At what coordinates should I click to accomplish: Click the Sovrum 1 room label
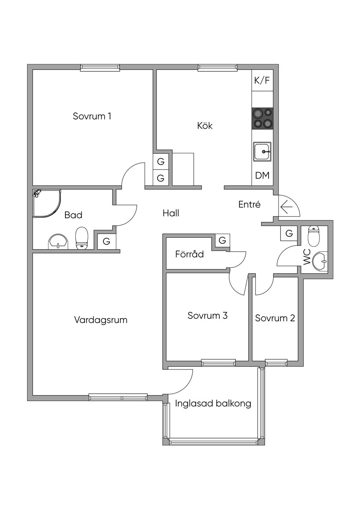(92, 116)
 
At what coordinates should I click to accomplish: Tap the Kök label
(205, 125)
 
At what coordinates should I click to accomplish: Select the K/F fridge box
(262, 80)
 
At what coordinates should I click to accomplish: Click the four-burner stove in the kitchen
(262, 118)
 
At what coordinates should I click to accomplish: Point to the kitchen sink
(262, 152)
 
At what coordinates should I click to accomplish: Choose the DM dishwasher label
(262, 175)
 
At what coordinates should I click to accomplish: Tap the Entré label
(249, 204)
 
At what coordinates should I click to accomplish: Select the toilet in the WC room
(314, 236)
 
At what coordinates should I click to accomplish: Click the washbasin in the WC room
(320, 261)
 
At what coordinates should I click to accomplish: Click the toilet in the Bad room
(82, 238)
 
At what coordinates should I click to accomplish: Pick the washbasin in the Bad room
(58, 241)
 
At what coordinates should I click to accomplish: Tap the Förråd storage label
(189, 254)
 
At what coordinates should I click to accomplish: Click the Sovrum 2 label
(275, 318)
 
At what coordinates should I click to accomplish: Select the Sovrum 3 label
(207, 315)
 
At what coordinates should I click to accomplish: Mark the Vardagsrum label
(101, 320)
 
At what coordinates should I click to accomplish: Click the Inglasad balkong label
(213, 403)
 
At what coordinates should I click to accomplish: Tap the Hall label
(171, 213)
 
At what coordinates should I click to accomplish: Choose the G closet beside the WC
(289, 233)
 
